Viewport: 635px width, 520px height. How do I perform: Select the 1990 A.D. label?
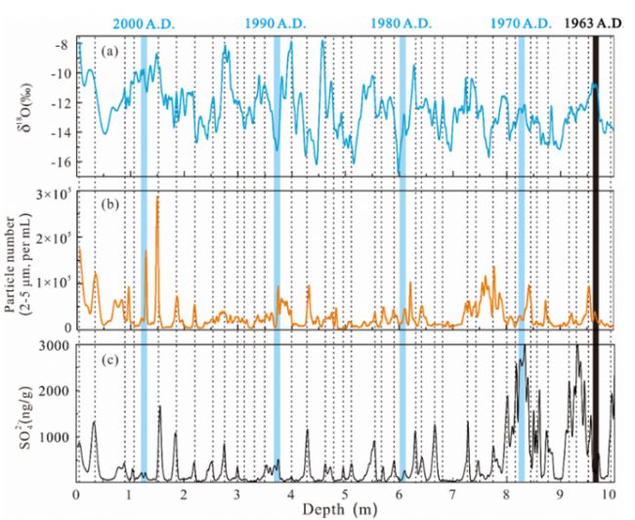pos(276,22)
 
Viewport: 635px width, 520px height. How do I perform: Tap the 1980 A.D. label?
pos(402,22)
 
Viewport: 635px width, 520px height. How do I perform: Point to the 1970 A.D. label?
pos(521,22)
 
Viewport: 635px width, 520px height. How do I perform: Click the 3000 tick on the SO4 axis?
pos(55,346)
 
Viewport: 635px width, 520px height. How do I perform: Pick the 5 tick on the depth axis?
pos(344,492)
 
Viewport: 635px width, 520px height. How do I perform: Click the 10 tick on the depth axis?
pos(610,492)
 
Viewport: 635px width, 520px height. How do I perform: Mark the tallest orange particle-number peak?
pos(157,197)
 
